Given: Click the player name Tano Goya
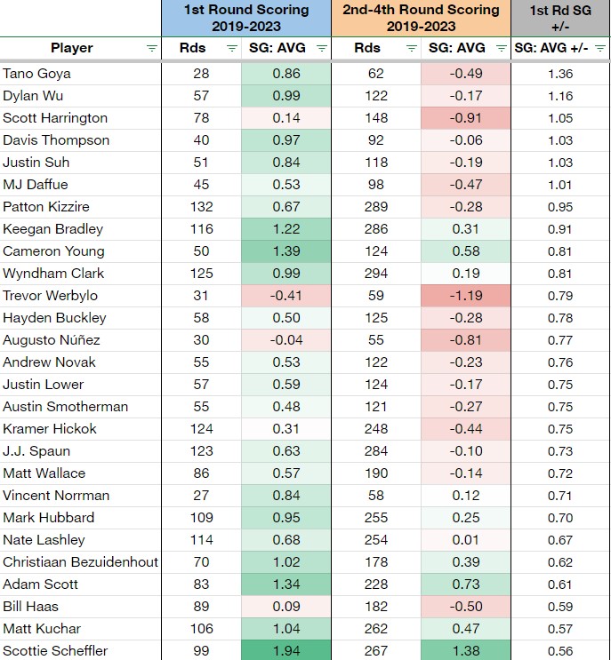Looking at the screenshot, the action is click(x=36, y=74).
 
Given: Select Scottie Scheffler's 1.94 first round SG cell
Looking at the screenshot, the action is click(x=286, y=650).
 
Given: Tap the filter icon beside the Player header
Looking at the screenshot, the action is click(x=152, y=48).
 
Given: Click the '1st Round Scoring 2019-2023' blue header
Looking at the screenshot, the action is click(x=246, y=18).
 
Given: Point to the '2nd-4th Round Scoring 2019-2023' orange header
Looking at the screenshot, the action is click(x=421, y=18).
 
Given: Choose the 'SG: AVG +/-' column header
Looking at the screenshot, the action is click(x=551, y=48).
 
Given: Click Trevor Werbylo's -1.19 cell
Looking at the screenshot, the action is click(x=466, y=296).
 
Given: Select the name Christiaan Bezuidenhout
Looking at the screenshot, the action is click(x=80, y=562).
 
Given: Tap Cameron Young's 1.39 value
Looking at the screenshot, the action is click(x=286, y=251).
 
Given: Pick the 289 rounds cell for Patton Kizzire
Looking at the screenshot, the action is click(x=376, y=207).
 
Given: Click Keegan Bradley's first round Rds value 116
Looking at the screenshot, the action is click(x=201, y=229).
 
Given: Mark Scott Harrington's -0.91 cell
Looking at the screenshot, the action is click(x=466, y=118).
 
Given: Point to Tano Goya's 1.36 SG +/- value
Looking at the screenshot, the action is click(x=560, y=74).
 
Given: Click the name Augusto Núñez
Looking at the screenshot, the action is click(x=52, y=340).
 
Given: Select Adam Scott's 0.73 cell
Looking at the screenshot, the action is click(x=466, y=584).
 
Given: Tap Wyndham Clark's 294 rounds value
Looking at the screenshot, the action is click(x=376, y=274).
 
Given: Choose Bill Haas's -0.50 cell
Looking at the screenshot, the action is click(x=466, y=607).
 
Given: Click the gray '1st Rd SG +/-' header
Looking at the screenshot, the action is click(x=561, y=18).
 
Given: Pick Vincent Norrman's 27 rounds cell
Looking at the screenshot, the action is click(x=201, y=496).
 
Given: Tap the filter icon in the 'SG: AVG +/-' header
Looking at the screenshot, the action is click(x=600, y=48).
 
